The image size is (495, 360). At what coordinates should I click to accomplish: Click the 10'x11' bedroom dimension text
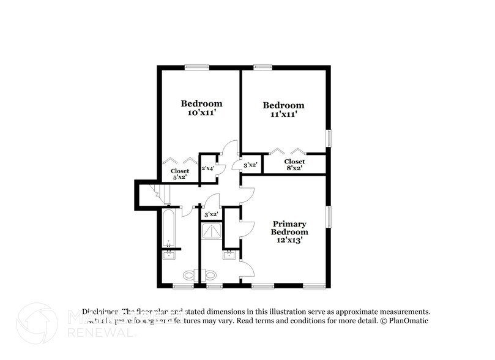pyautogui.click(x=201, y=113)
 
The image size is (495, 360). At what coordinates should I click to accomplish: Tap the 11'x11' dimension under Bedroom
pyautogui.click(x=283, y=114)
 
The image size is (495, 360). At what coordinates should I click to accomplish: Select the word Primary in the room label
pyautogui.click(x=289, y=224)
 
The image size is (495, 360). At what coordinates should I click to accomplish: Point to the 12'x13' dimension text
pyautogui.click(x=290, y=240)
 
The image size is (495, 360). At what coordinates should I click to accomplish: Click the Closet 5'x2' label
pyautogui.click(x=180, y=174)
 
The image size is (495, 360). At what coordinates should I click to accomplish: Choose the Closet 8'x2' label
pyautogui.click(x=294, y=164)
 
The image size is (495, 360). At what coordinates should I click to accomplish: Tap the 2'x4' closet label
pyautogui.click(x=208, y=168)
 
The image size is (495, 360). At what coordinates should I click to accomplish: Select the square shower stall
pyautogui.click(x=212, y=231)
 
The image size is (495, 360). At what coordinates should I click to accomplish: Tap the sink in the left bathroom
pyautogui.click(x=168, y=255)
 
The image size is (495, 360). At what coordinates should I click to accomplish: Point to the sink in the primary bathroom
pyautogui.click(x=229, y=255)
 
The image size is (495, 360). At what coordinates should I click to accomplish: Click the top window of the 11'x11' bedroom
pyautogui.click(x=263, y=67)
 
